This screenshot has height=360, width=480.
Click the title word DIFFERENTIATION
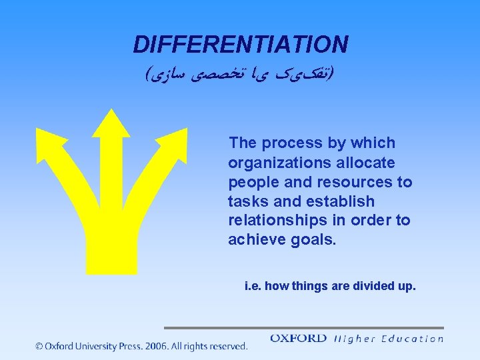click(x=240, y=45)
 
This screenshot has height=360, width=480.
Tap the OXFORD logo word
click(x=298, y=339)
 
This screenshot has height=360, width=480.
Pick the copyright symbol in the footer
click(x=39, y=346)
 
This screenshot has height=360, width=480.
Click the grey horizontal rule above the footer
click(x=303, y=328)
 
